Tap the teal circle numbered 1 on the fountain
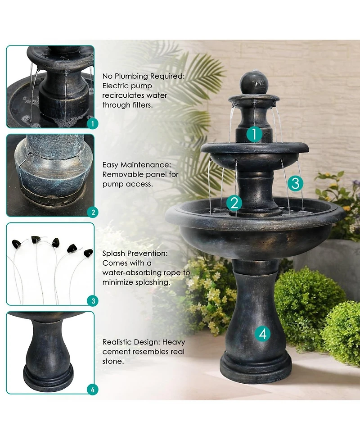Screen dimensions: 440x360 tap(254, 134)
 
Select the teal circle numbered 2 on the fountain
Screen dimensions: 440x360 tap(234, 203)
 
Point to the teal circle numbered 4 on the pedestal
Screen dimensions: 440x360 tap(263, 334)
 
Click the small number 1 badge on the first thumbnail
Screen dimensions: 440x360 tap(91, 123)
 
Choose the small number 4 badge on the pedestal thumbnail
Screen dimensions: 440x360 tap(91, 390)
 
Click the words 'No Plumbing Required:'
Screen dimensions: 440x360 tap(143, 76)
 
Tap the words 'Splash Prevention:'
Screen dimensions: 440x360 tap(135, 254)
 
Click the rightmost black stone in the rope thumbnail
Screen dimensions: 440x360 tap(88, 253)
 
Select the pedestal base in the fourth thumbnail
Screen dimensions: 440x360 tap(48, 377)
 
